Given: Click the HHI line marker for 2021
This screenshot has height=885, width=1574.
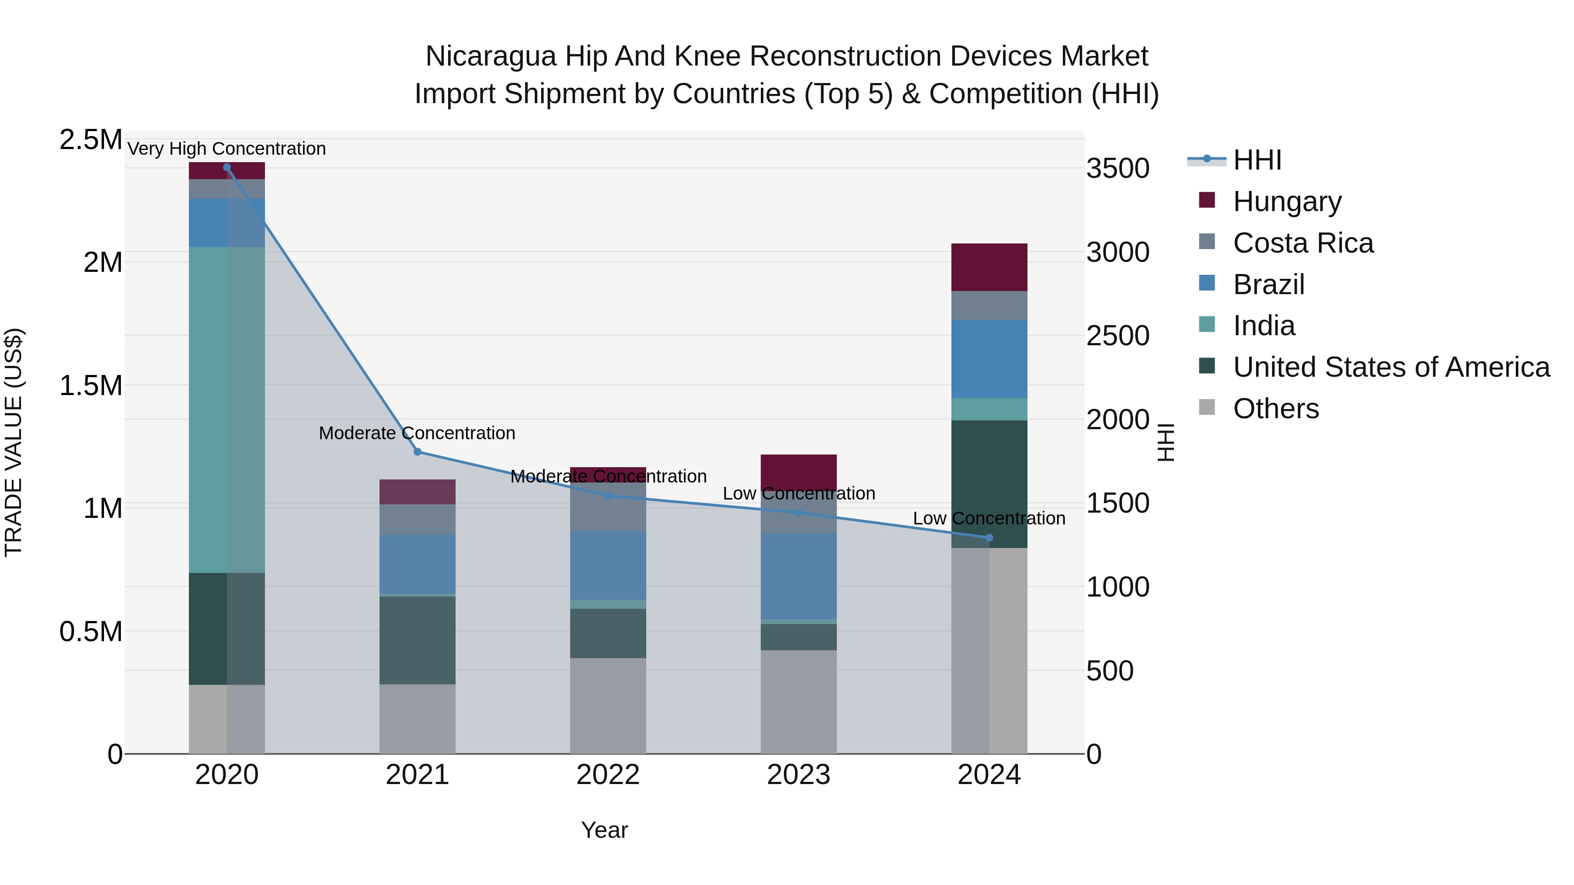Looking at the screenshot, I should coord(418,452).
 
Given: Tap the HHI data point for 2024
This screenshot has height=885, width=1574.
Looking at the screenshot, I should coord(989,538).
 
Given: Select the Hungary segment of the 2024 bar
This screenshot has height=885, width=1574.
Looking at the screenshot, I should coord(989,267).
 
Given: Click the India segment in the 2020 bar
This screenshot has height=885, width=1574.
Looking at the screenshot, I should coord(226,409).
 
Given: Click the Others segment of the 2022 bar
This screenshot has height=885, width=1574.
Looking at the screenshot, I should coord(608,705).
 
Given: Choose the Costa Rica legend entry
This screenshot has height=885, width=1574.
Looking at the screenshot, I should coord(1303,243).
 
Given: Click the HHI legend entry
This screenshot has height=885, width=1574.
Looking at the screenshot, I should coord(1257,160).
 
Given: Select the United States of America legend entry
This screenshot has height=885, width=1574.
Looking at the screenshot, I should coord(1391,367).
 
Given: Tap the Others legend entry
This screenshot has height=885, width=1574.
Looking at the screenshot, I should coord(1276,409).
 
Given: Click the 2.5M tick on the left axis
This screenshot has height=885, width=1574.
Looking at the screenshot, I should coord(91,140).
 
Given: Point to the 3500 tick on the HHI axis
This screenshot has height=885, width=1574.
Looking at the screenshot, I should coord(1118,169).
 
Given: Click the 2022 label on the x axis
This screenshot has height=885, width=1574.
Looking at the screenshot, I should coord(608,775).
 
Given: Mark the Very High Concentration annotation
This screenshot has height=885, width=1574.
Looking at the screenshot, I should coord(226,149).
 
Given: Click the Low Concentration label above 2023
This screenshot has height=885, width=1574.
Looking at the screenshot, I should coord(799,493).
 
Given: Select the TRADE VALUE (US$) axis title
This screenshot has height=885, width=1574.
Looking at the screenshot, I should coord(14,442).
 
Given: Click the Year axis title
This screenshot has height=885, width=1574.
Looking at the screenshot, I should coord(604,830).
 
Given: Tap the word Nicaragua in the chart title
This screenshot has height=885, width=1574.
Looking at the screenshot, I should coord(491,56).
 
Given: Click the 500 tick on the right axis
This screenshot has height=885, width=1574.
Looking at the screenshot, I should coord(1110,670).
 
